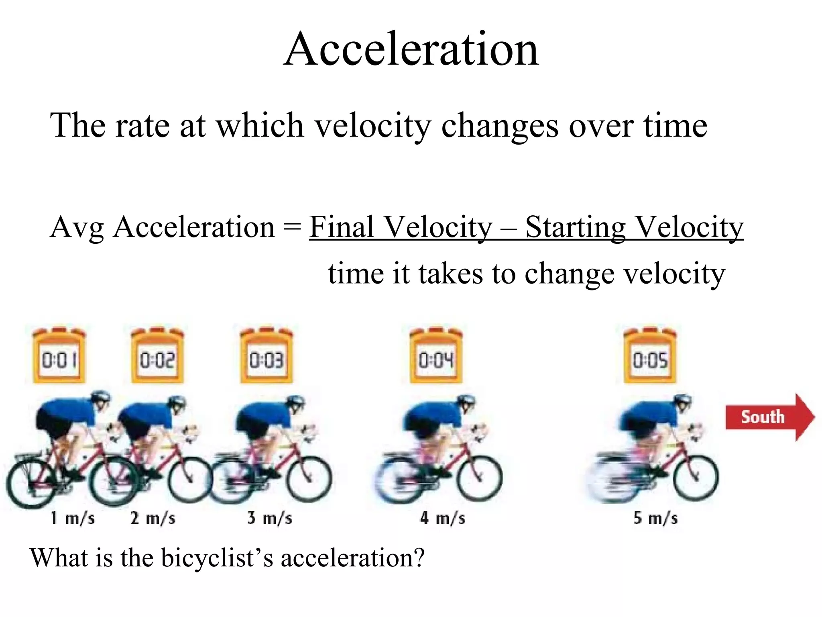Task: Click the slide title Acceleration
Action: pos(411,50)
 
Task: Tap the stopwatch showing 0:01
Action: pos(59,355)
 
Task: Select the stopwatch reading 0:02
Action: pos(157,355)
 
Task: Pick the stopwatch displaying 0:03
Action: pos(266,355)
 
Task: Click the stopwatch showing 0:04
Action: pos(436,355)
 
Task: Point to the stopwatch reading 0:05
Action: pos(650,355)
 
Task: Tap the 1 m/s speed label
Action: pos(73,518)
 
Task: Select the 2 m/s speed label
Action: pos(153,518)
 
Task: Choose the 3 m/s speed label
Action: pos(270,518)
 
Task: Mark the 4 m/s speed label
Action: pos(443,518)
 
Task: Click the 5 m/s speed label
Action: pos(655,518)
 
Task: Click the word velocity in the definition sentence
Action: pos(372,125)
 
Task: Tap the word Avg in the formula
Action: pos(76,228)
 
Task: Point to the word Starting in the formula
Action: pos(575,228)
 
